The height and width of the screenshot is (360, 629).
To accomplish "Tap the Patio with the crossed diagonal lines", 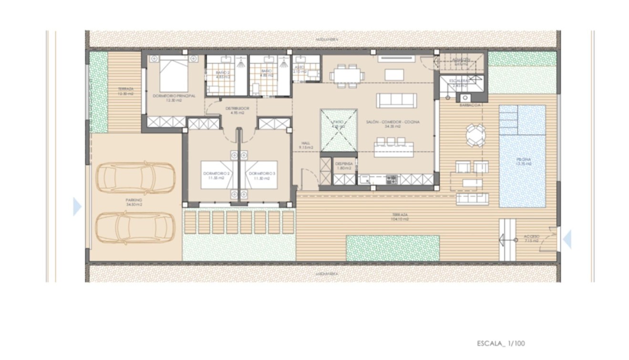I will [338, 129].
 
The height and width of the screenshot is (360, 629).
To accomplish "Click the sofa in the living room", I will [396, 100].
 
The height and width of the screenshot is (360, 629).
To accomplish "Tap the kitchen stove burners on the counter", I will [391, 180].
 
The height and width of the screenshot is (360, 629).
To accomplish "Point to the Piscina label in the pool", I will [523, 161].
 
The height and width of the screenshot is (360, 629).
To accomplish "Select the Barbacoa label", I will [470, 106].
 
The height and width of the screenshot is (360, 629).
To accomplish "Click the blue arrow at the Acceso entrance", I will [567, 239].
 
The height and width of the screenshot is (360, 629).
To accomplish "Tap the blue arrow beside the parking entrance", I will [77, 207].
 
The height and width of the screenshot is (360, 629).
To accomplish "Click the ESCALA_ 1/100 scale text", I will [500, 343].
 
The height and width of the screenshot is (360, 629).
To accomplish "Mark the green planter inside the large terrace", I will [392, 248].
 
